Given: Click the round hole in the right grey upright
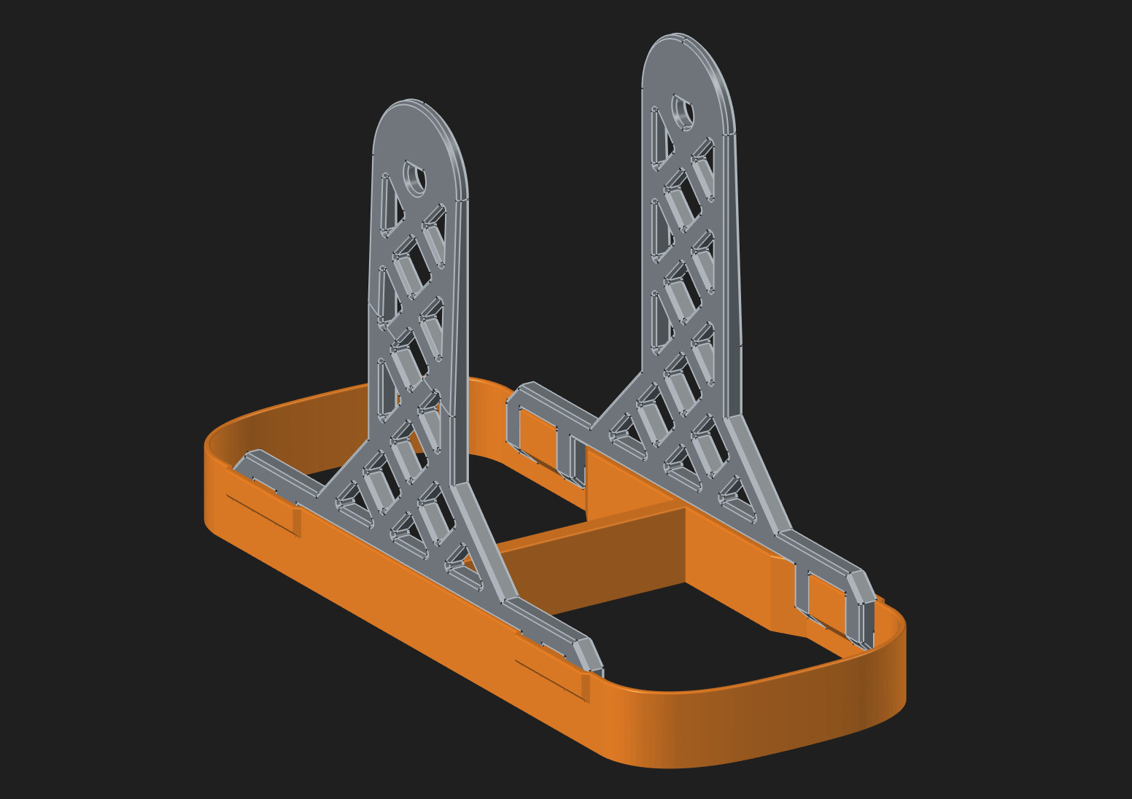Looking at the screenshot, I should (x=683, y=112).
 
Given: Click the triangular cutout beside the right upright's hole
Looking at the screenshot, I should (x=660, y=139).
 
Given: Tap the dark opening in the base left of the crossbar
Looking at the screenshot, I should (x=525, y=503).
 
